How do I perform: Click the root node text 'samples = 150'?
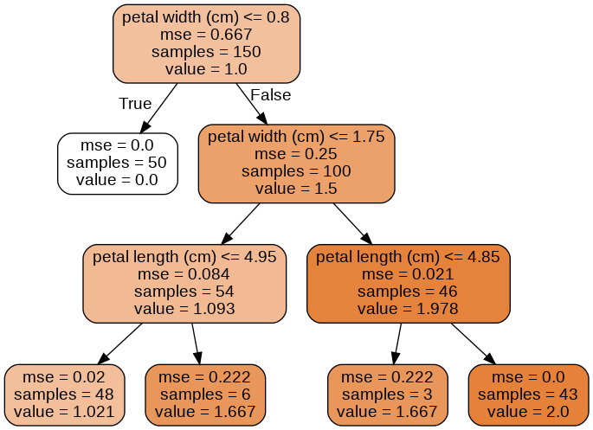click(x=206, y=52)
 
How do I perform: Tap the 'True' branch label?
click(x=135, y=104)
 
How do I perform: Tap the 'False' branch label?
click(x=270, y=95)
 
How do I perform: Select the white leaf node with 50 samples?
click(x=117, y=163)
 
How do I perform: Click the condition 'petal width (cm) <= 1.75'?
click(x=296, y=137)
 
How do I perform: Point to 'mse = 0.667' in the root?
click(x=206, y=35)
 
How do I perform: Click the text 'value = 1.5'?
click(x=296, y=189)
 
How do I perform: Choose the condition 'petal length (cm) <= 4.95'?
click(x=184, y=256)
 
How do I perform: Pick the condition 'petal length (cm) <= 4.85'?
click(x=408, y=256)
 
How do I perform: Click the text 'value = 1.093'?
click(x=184, y=308)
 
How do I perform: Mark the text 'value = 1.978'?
click(x=408, y=308)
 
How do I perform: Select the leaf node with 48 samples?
click(x=64, y=395)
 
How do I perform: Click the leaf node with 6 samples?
click(x=205, y=395)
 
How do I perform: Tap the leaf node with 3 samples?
click(x=388, y=395)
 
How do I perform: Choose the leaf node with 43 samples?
click(x=528, y=395)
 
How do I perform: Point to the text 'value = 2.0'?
click(x=528, y=412)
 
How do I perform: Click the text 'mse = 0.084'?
click(x=184, y=273)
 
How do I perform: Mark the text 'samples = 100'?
click(x=296, y=171)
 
